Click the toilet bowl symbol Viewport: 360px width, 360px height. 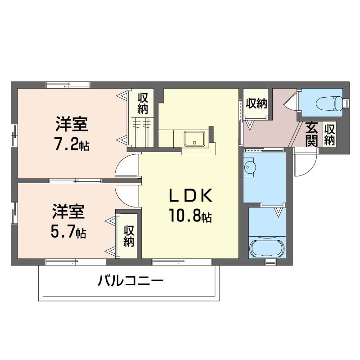329,104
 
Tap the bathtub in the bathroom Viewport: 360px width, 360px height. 267,249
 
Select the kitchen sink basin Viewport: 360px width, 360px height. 194,139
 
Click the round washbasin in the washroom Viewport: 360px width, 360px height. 250,166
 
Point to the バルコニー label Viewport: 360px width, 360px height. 130,280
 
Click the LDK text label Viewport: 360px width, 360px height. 190,196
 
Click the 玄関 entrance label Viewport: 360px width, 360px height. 311,134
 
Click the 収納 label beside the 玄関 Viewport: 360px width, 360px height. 329,135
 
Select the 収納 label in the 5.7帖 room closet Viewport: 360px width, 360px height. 129,236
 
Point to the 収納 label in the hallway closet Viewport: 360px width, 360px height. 256,103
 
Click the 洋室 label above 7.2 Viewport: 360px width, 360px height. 72,124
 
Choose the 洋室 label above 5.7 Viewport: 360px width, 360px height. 68,211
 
